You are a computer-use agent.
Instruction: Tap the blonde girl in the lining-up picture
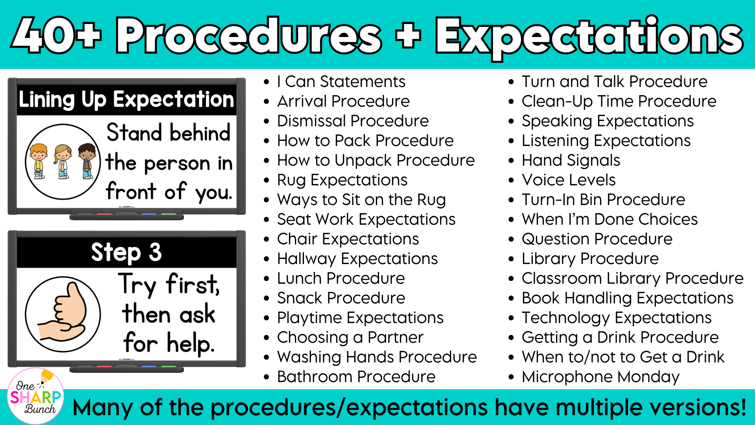tap(63, 161)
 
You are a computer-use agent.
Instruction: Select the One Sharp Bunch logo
tap(36, 396)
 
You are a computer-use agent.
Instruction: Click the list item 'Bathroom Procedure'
tap(356, 377)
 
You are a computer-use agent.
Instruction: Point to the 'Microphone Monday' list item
tap(600, 377)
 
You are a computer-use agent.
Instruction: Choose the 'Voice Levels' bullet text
tap(569, 180)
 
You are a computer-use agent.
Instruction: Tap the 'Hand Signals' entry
tap(571, 161)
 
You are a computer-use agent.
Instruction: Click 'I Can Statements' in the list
tap(341, 81)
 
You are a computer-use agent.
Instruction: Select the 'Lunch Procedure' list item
tap(341, 278)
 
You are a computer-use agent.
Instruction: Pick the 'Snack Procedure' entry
tap(341, 298)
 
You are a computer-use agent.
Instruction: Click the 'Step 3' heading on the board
tap(127, 252)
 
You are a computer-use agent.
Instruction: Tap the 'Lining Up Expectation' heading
tap(127, 100)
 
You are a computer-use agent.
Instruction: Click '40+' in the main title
tap(56, 36)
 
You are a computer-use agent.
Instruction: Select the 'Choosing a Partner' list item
tap(350, 337)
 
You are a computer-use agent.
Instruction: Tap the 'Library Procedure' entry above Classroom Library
tap(590, 259)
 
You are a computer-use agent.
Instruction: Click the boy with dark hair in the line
tap(87, 161)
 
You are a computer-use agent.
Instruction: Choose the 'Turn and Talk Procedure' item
tap(615, 81)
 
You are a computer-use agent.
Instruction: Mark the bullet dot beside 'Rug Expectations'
tap(267, 181)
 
